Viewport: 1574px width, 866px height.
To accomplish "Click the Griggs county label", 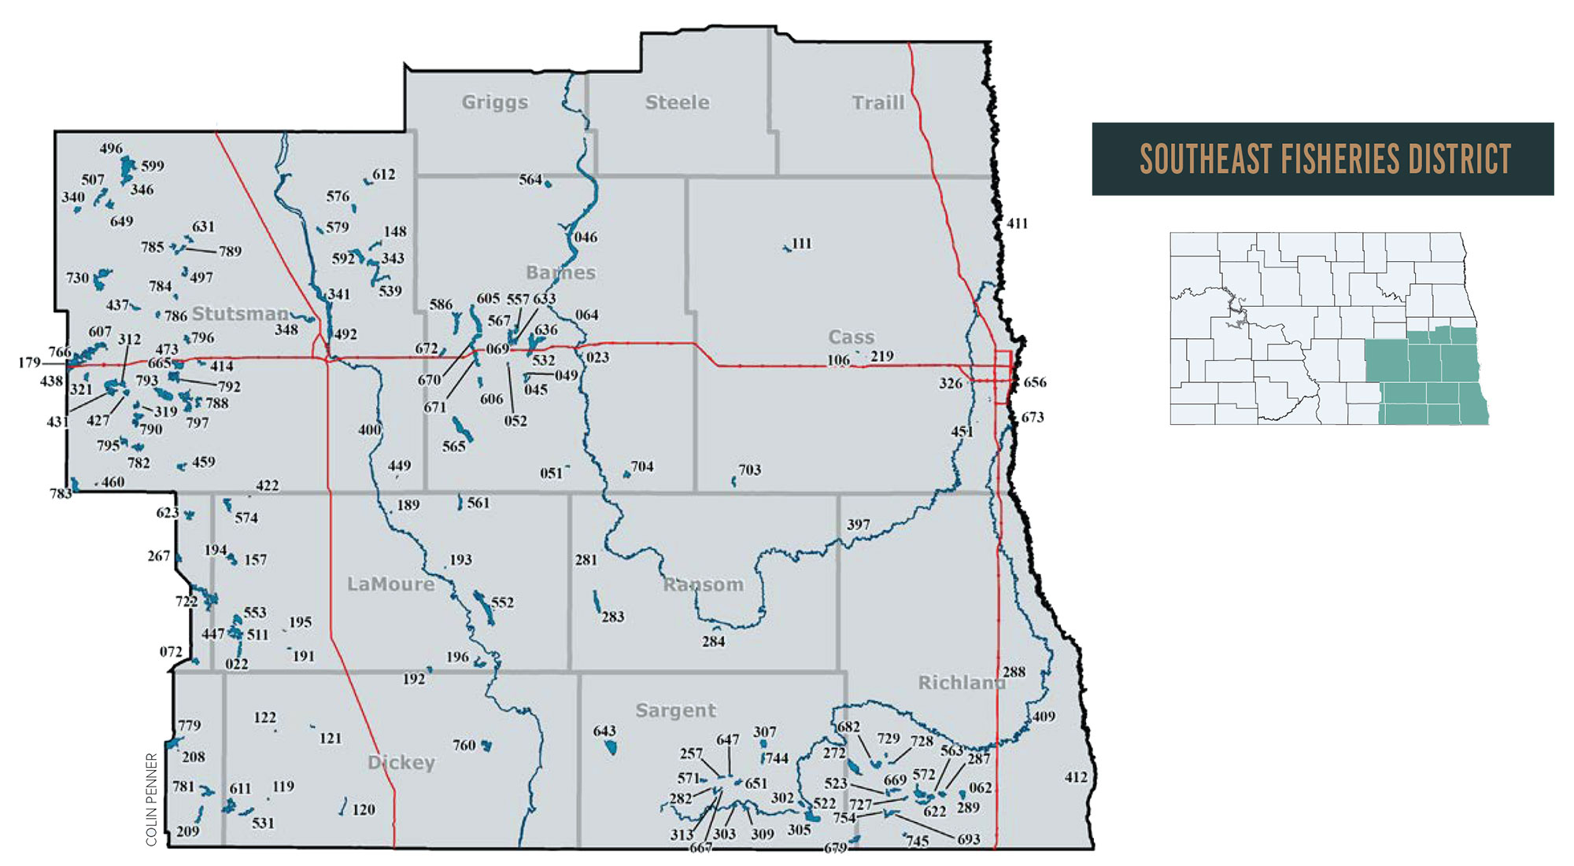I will [495, 102].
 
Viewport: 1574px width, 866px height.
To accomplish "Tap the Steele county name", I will [677, 102].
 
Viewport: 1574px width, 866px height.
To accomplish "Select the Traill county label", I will [878, 103].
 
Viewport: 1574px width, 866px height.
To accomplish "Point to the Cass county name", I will [852, 337].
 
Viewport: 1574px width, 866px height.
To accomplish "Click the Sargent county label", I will [675, 710].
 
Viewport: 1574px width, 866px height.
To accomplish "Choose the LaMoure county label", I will [391, 584].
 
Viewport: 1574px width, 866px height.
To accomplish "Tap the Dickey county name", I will [401, 762].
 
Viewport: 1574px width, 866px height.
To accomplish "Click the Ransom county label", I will [703, 584].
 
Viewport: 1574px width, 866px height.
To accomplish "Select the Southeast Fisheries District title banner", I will [1323, 159].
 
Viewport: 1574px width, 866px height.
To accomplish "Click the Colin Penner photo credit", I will [152, 799].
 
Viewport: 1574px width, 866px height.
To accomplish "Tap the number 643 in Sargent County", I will [604, 731].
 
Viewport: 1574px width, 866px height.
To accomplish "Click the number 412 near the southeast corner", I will [1076, 777].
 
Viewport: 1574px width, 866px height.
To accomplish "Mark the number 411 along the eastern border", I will [1017, 223].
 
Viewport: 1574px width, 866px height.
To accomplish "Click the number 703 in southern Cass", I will [749, 470].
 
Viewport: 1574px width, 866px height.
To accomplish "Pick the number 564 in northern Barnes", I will [530, 179].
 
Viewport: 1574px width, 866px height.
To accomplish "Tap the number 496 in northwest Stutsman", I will [111, 148].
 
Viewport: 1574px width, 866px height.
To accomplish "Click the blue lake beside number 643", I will [610, 746].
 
